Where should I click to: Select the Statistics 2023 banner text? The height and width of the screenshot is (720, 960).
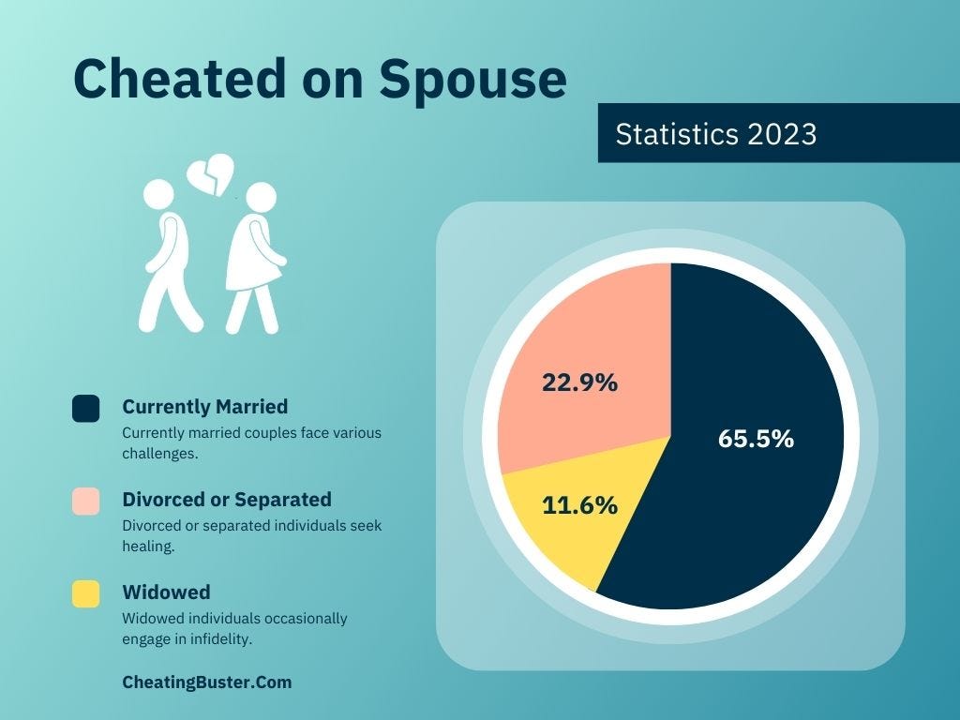click(x=716, y=134)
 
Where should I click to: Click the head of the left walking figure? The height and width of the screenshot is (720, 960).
click(x=159, y=194)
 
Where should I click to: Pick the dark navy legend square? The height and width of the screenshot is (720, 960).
click(x=85, y=409)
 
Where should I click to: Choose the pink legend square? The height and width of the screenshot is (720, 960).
click(x=85, y=502)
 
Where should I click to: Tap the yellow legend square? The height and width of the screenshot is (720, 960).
click(x=85, y=593)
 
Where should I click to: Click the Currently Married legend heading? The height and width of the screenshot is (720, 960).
click(x=205, y=407)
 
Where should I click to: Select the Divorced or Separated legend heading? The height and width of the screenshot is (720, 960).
click(x=227, y=499)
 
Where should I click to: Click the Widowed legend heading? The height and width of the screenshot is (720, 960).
click(x=166, y=592)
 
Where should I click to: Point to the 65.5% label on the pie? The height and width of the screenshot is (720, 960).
click(x=756, y=439)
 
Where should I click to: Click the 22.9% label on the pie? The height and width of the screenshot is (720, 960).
click(x=579, y=382)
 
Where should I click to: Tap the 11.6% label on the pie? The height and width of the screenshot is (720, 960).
click(x=579, y=505)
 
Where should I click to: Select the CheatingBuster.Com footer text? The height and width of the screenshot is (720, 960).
click(x=206, y=682)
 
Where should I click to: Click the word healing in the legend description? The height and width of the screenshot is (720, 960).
click(x=147, y=546)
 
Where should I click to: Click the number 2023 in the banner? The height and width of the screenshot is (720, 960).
click(x=782, y=134)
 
